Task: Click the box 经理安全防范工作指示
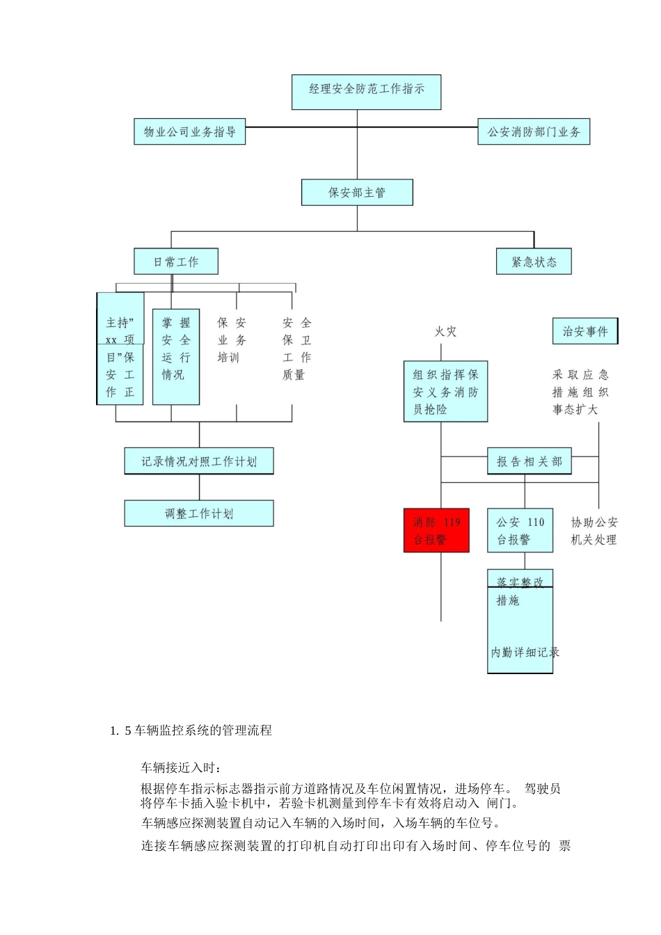pyautogui.click(x=366, y=92)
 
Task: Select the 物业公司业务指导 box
pyautogui.click(x=189, y=131)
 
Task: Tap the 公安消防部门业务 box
pyautogui.click(x=534, y=131)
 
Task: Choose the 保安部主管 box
pyautogui.click(x=357, y=193)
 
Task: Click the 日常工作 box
pyautogui.click(x=176, y=262)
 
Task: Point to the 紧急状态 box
pyautogui.click(x=534, y=262)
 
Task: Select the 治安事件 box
pyautogui.click(x=585, y=331)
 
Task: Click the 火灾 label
pyautogui.click(x=446, y=332)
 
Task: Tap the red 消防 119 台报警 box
pyautogui.click(x=436, y=531)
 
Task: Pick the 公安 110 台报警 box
pyautogui.click(x=520, y=531)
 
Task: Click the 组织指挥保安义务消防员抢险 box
pyautogui.click(x=445, y=392)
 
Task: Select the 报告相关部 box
pyautogui.click(x=529, y=461)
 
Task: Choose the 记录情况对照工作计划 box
pyautogui.click(x=199, y=461)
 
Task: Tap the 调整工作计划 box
pyautogui.click(x=199, y=514)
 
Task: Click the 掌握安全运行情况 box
pyautogui.click(x=176, y=357)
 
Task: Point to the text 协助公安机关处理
pyautogui.click(x=594, y=531)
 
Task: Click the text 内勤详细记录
pyautogui.click(x=525, y=653)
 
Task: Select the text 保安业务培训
pyautogui.click(x=232, y=340)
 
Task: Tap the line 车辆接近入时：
pyautogui.click(x=182, y=768)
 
